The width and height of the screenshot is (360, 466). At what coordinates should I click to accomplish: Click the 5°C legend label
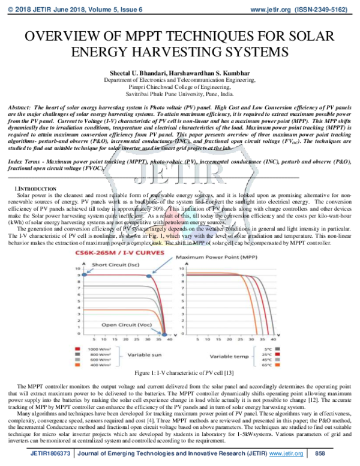click(x=267, y=348)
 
